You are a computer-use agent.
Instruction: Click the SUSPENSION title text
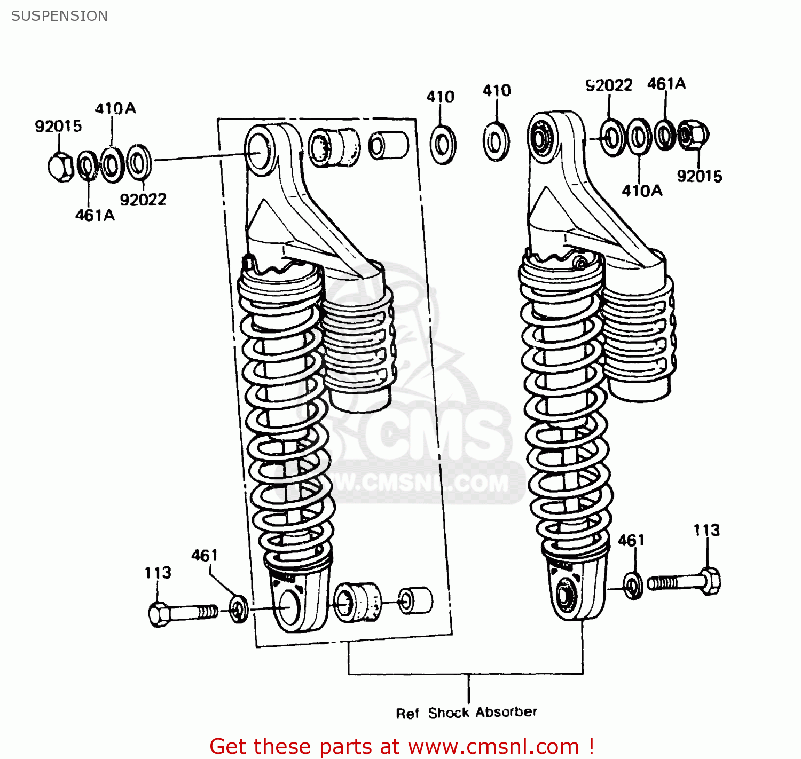[59, 16]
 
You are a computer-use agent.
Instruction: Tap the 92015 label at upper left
[58, 127]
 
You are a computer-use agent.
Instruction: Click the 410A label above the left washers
[115, 109]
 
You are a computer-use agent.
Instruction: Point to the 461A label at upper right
[666, 84]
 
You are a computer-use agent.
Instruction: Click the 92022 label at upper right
[609, 85]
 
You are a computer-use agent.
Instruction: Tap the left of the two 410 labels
[440, 97]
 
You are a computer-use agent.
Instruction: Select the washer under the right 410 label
[496, 142]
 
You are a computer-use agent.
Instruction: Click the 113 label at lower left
[158, 573]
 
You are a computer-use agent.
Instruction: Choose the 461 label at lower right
[631, 541]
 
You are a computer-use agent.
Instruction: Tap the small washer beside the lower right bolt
[633, 586]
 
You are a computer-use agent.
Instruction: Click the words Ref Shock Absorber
[466, 713]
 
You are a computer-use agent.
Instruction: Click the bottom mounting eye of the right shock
[564, 595]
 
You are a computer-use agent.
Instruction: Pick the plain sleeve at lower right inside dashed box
[416, 600]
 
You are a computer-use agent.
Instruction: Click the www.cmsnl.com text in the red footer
[493, 746]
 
